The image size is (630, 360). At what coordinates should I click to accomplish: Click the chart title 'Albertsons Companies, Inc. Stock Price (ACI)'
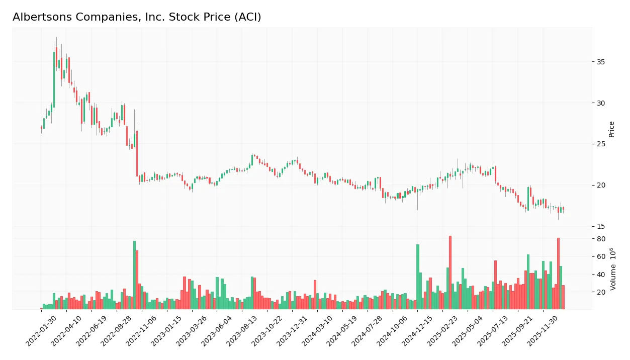coord(137,17)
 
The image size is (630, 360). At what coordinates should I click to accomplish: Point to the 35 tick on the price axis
coord(601,62)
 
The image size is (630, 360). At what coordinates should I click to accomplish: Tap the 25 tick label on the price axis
coord(601,144)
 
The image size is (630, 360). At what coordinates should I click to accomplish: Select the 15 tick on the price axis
coord(601,226)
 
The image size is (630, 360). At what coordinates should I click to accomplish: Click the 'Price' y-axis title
coord(612,129)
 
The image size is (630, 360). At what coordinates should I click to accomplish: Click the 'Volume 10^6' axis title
coord(613,269)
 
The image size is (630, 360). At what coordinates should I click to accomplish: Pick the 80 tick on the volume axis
coord(601,239)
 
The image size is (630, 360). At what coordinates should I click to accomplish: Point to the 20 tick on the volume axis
coord(601,292)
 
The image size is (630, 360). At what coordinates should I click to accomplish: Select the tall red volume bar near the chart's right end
coord(558,275)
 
